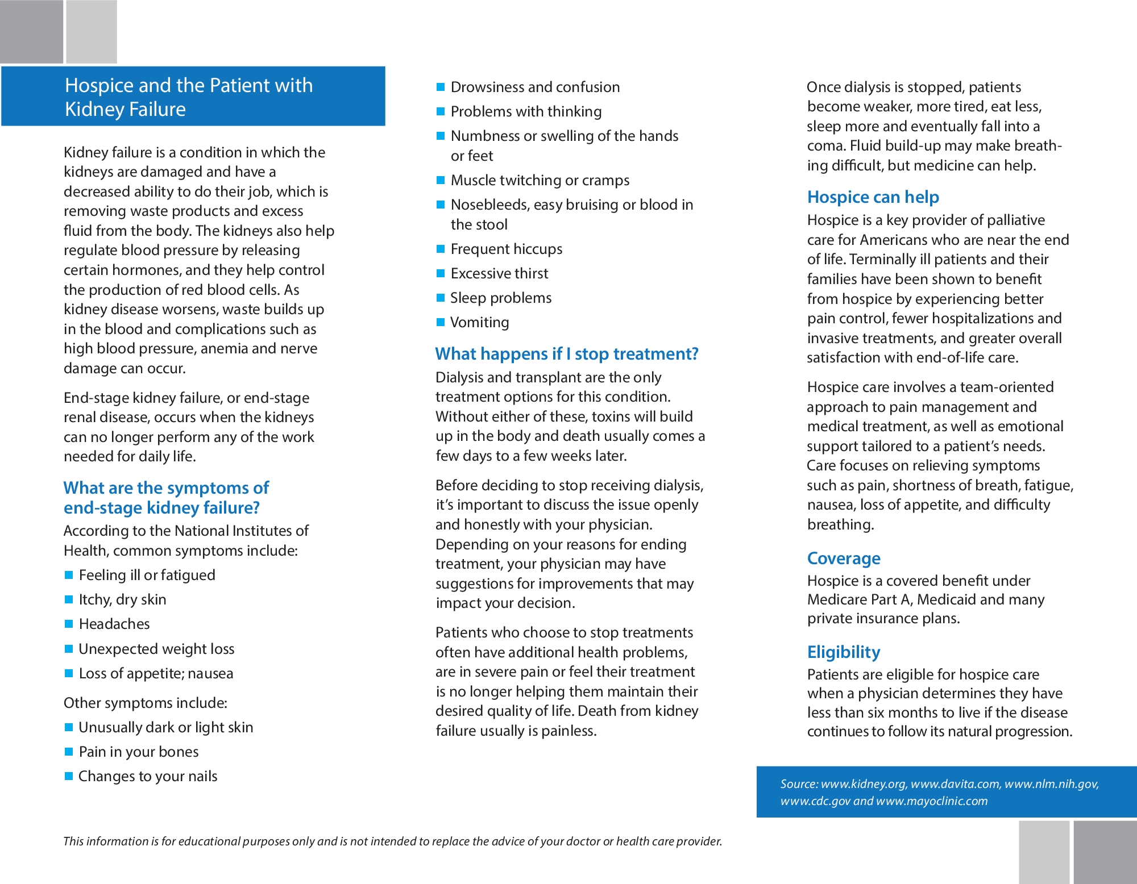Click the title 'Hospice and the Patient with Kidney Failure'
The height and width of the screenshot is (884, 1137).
(x=189, y=97)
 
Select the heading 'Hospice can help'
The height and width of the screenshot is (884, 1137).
(x=873, y=197)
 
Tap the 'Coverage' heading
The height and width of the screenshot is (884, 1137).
(x=844, y=558)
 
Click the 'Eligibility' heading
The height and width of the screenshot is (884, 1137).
(x=844, y=652)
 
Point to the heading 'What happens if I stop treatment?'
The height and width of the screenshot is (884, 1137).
(x=566, y=354)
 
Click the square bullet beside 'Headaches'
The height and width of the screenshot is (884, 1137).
(x=69, y=624)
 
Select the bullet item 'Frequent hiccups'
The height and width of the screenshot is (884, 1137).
(x=506, y=249)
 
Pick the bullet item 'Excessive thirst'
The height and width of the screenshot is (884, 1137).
(x=499, y=274)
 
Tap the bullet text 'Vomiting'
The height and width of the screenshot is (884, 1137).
(x=479, y=323)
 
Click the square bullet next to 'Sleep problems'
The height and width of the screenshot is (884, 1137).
(x=441, y=298)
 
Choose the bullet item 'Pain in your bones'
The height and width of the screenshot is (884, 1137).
(x=139, y=752)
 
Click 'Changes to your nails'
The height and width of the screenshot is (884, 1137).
(x=148, y=777)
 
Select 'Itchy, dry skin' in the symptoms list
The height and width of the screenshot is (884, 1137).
(x=122, y=600)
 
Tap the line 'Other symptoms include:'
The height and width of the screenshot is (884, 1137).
(x=145, y=703)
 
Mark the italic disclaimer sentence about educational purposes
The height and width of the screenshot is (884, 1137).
(x=392, y=841)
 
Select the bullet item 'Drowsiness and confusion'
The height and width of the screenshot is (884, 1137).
(x=535, y=87)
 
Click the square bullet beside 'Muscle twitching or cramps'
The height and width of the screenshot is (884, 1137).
(x=441, y=180)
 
